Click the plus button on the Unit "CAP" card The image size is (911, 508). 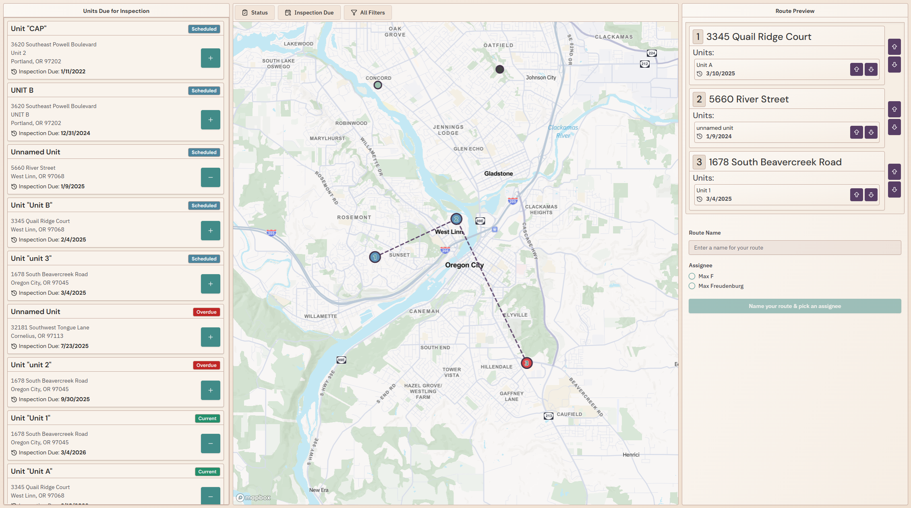210,58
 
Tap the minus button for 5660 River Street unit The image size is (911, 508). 210,177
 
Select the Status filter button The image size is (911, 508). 255,12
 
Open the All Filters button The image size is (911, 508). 368,12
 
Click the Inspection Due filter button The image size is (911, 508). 309,12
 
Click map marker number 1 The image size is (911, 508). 375,257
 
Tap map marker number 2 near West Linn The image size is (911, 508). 456,219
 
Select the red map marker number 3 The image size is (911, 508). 526,363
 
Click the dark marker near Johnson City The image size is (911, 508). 500,69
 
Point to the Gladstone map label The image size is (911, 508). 499,173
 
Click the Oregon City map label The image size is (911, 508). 464,265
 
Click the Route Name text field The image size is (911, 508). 795,248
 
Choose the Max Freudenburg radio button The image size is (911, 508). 692,286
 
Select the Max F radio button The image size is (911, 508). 692,276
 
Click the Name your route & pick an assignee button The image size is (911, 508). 795,306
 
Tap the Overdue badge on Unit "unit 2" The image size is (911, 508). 206,365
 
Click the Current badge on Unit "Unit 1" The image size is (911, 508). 207,418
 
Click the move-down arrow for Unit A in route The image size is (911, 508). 871,69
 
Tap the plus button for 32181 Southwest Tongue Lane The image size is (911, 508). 210,337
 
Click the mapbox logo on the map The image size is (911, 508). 253,498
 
